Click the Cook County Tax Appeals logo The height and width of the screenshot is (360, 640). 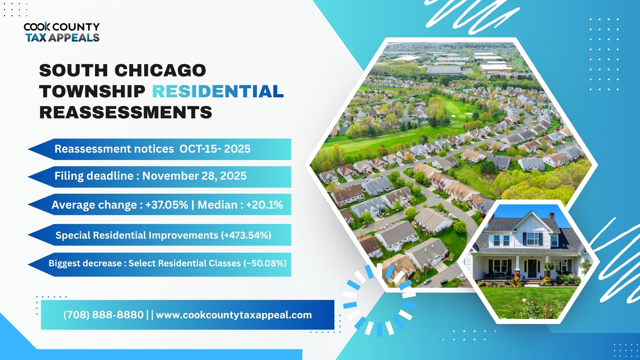(62, 32)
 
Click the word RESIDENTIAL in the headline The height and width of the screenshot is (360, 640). (218, 91)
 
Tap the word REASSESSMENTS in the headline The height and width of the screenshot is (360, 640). (126, 112)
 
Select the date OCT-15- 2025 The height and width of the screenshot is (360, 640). (215, 149)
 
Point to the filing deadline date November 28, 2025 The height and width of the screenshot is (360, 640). (194, 176)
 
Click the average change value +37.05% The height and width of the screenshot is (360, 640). (167, 205)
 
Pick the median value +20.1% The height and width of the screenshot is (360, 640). (264, 205)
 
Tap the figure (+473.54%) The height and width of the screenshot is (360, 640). (246, 235)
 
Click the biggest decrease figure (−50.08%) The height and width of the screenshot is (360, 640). (265, 263)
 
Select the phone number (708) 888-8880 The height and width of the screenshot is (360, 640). (103, 315)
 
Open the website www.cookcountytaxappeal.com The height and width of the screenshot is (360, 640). (234, 315)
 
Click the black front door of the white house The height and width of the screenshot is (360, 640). (532, 269)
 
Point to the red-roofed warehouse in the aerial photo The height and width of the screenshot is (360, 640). (495, 68)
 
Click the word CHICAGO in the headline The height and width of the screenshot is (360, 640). (160, 70)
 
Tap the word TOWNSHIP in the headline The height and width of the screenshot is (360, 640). (92, 91)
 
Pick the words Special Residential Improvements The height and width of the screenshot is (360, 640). (137, 235)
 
